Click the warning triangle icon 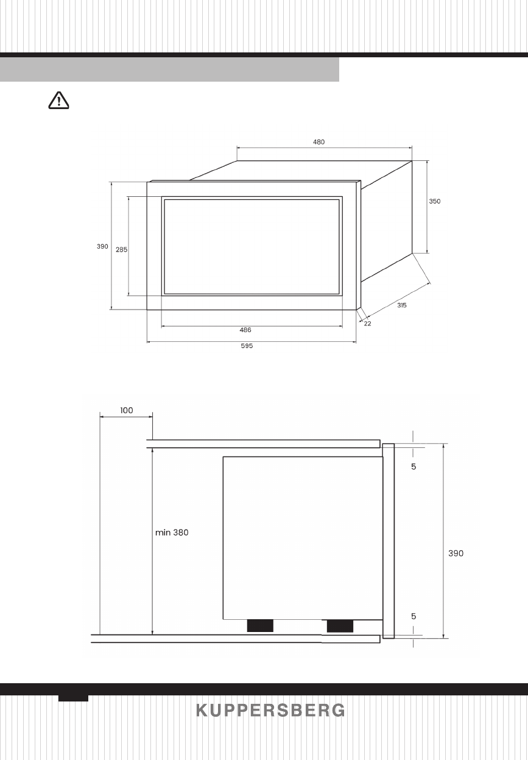[58, 101]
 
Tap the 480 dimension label [319, 142]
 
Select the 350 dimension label [435, 201]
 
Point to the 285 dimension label [121, 250]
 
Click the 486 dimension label [245, 330]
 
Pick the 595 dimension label [247, 346]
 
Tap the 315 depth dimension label [402, 305]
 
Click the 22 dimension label [368, 324]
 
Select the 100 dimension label [127, 410]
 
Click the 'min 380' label [172, 532]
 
